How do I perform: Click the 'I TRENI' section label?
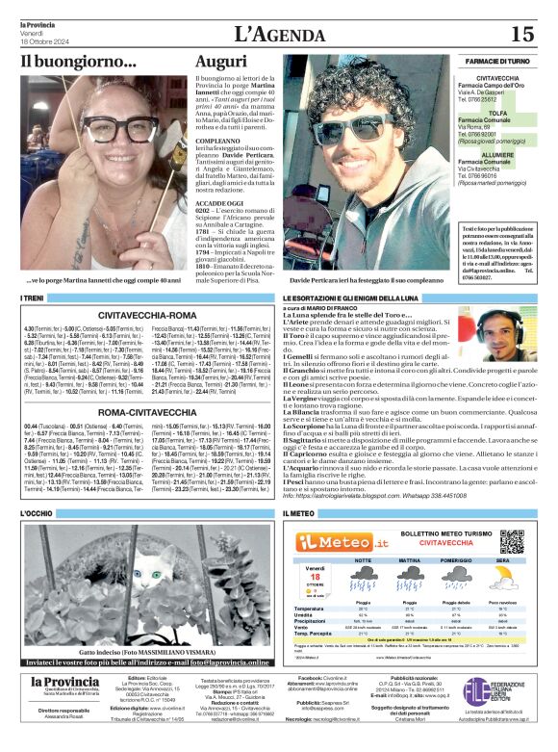(33, 299)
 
